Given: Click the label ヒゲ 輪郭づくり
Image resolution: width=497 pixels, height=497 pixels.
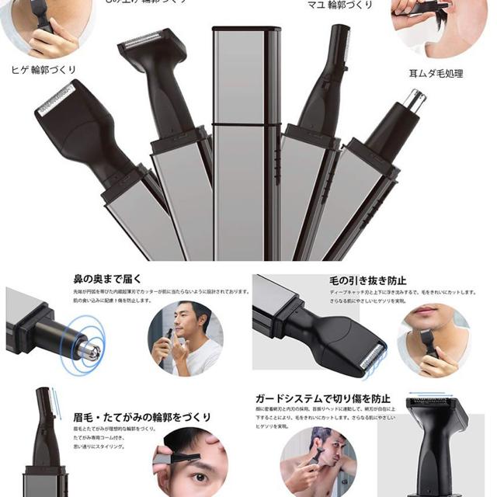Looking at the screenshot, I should click(43, 70).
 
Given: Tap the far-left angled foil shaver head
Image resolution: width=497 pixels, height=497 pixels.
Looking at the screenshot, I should click(62, 103).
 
